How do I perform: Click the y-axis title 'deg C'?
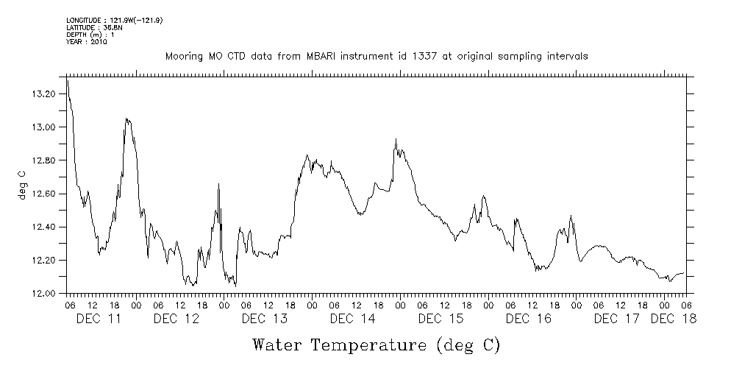point(22,185)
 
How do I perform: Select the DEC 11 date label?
point(99,319)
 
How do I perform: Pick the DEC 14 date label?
point(353,319)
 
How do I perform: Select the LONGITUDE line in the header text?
point(114,20)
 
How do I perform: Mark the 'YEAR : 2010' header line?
point(87,42)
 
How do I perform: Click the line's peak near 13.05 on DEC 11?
point(126,118)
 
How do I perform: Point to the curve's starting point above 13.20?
point(67,78)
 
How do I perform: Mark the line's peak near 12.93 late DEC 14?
point(396,138)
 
